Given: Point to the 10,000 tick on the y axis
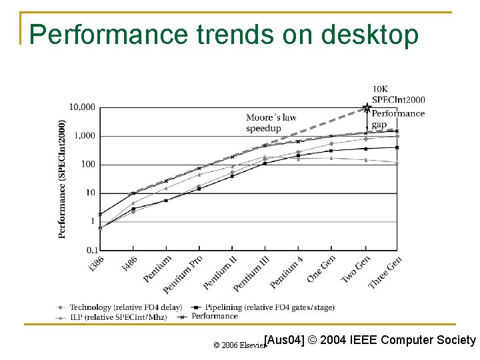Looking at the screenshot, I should [x=82, y=107].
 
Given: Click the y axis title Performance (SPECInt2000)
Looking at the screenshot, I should [x=62, y=178].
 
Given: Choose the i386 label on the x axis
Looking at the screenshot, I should [x=96, y=263].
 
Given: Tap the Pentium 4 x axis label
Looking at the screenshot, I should [x=286, y=272].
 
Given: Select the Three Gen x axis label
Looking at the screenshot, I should [x=385, y=272].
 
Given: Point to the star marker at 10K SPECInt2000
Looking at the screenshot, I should [x=366, y=107].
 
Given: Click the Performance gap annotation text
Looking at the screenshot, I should [x=397, y=119].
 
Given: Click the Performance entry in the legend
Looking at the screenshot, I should [x=215, y=316].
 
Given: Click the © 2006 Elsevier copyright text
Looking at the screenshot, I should [x=238, y=345].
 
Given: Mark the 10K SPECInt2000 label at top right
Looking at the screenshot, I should [x=397, y=94].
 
